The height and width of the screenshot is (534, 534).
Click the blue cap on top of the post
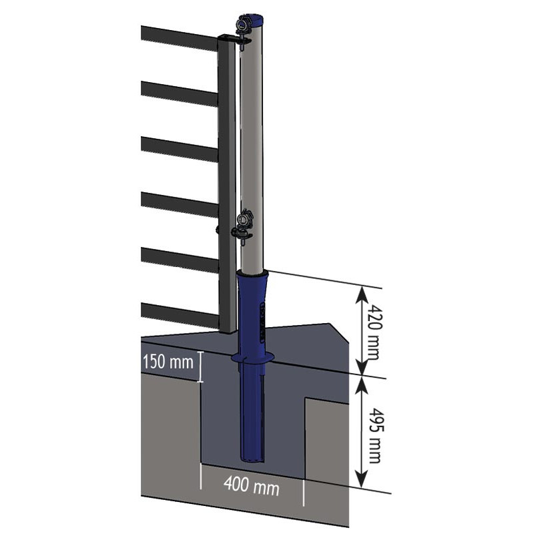(254, 19)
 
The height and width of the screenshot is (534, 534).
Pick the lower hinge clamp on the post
(243, 224)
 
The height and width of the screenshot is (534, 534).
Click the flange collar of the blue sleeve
(252, 359)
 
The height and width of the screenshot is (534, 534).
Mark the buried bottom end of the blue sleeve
(253, 456)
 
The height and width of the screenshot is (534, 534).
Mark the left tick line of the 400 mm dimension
(200, 481)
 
